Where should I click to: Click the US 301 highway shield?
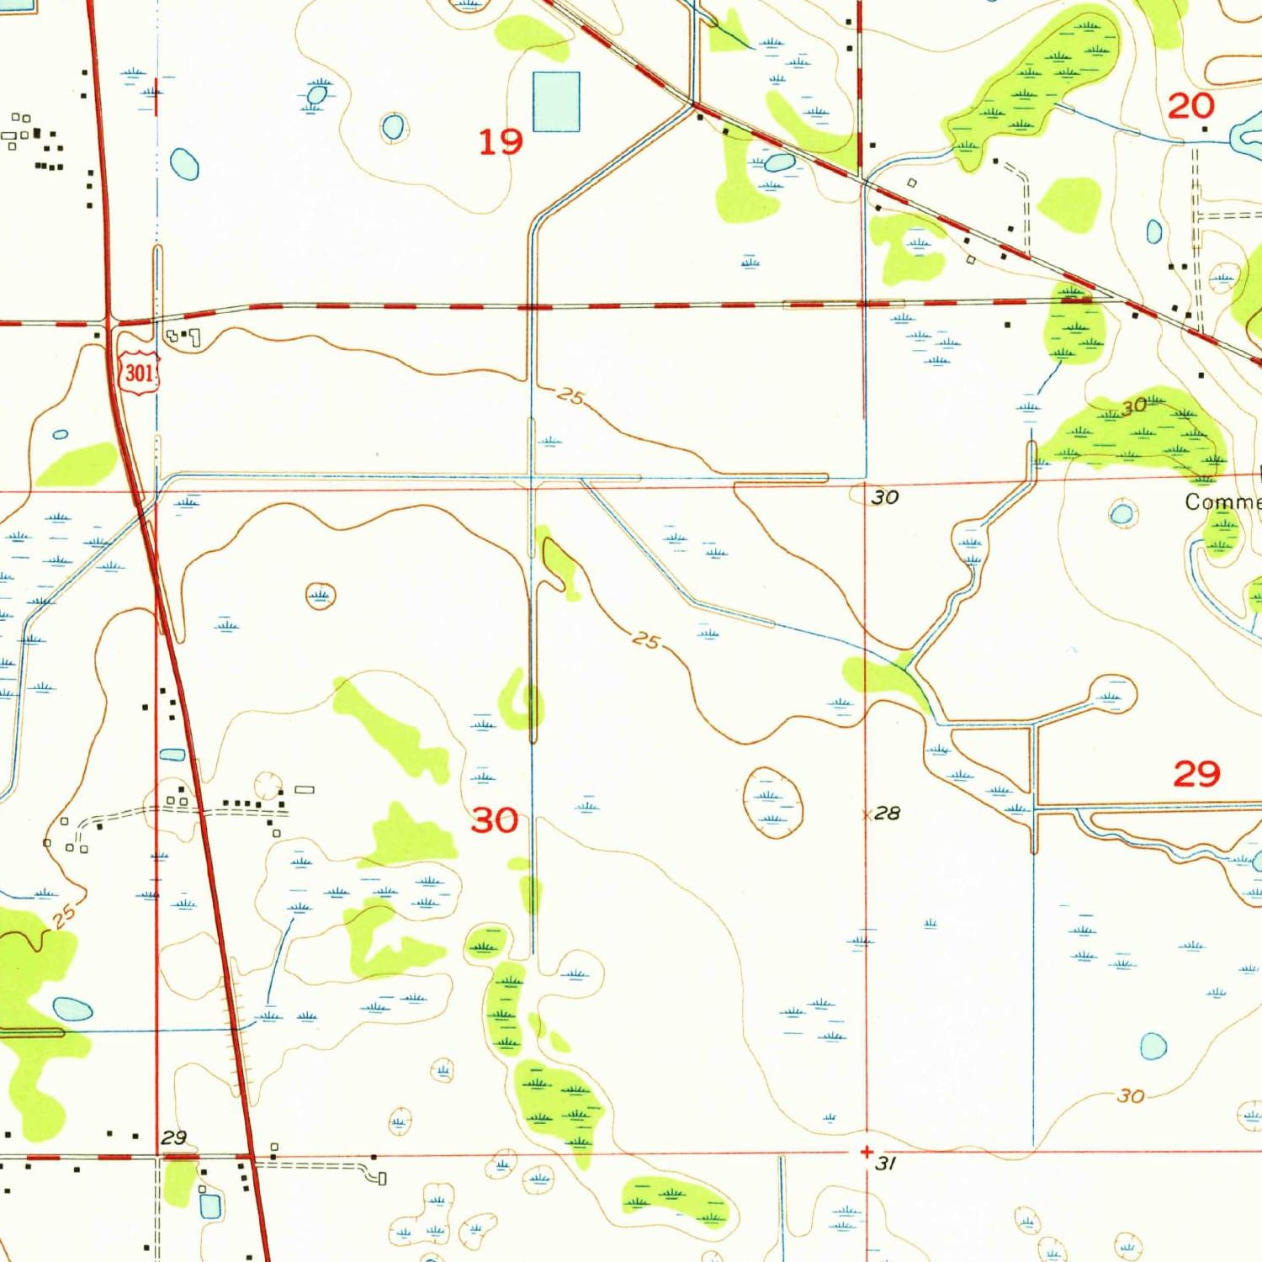point(139,371)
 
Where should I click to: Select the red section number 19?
point(501,141)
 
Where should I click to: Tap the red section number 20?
point(1190,106)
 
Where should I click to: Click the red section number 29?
point(1196,773)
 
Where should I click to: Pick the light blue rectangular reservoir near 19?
point(556,102)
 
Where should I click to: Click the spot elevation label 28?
point(887,813)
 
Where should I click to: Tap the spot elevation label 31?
point(885,1164)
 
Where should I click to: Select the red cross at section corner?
point(867,1153)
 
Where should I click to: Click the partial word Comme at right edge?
point(1222,502)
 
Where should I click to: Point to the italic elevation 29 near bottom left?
point(173,1137)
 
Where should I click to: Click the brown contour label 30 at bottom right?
point(1131,1095)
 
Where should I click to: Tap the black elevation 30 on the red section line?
point(884,497)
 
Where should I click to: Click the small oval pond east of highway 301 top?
point(184,164)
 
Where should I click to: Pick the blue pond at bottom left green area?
point(72,1009)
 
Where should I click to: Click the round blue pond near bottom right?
point(1153,1047)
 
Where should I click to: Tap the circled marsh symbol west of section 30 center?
point(320,596)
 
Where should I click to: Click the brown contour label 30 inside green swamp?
point(1133,406)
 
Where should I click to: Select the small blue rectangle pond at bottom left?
point(209,1206)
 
